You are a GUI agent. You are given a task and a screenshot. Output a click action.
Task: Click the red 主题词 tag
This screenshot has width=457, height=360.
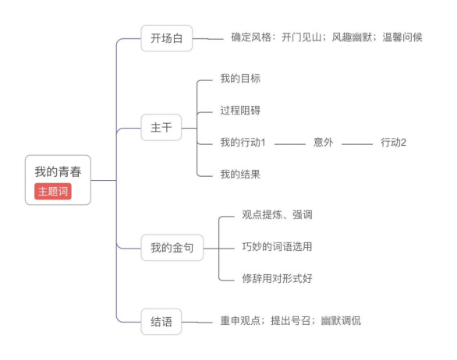(53, 192)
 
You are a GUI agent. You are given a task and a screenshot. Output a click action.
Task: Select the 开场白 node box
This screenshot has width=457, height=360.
(167, 38)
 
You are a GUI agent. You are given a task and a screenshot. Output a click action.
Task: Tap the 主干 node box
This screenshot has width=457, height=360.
(161, 128)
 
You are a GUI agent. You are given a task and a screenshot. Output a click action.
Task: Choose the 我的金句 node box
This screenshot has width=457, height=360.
(172, 248)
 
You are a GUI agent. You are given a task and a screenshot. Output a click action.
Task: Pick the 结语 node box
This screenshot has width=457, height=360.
(161, 322)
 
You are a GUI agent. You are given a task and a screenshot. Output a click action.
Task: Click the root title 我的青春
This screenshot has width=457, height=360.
(58, 171)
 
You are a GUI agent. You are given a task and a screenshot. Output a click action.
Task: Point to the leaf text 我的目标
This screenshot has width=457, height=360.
(240, 79)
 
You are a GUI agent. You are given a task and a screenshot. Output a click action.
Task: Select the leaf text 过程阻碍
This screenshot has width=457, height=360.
(240, 111)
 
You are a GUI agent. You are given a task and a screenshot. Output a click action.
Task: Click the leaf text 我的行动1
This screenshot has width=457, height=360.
(243, 143)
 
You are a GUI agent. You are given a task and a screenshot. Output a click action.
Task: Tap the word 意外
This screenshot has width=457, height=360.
(323, 143)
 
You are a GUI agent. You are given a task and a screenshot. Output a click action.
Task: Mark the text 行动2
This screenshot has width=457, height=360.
(393, 143)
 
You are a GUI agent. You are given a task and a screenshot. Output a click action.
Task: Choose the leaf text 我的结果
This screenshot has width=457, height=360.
(240, 175)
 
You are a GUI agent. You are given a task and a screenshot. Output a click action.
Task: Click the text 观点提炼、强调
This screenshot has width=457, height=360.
(277, 214)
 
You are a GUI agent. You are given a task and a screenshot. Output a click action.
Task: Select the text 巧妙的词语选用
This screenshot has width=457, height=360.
(277, 247)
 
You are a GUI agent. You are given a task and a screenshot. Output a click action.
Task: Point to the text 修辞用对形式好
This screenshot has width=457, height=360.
(277, 278)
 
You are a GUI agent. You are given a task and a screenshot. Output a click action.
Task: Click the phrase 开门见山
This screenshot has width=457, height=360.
(301, 37)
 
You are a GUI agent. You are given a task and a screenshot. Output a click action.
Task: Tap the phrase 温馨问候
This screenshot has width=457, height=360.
(402, 37)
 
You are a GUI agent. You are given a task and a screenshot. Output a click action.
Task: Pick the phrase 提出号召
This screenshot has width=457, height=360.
(290, 321)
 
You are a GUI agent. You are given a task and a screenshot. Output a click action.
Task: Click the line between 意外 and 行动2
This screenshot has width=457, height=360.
(357, 144)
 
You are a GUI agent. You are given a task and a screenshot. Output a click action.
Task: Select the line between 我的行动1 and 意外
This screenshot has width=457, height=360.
(289, 144)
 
